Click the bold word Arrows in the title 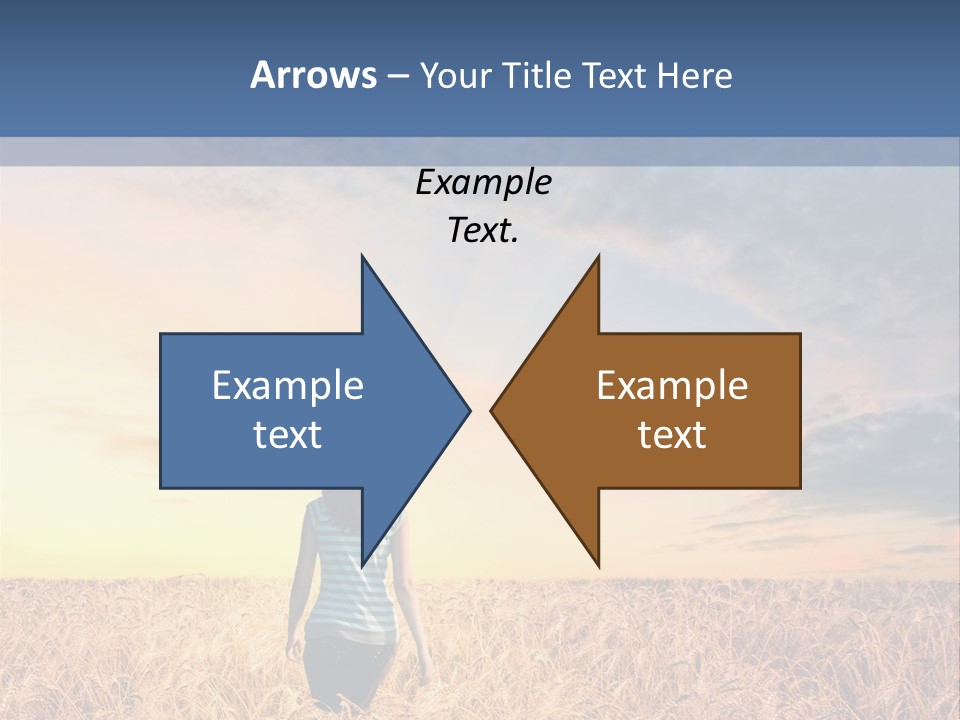313,75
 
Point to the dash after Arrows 397,77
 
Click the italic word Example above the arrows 483,182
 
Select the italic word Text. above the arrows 483,230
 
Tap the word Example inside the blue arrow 288,385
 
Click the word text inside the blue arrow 288,434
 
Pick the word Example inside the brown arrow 672,385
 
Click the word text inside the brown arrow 672,434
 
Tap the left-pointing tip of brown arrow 492,410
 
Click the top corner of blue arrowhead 363,257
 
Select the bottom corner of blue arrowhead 363,565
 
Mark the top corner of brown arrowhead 598,257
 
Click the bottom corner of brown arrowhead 598,565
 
